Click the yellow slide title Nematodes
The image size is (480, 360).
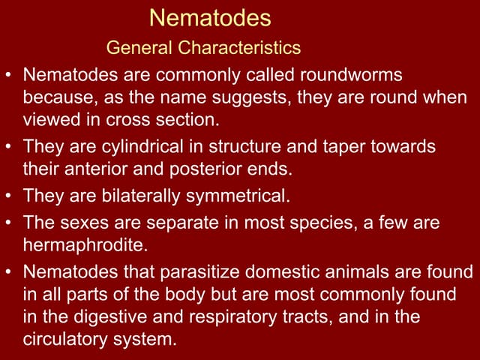(x=210, y=16)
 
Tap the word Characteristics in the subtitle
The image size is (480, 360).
(x=239, y=49)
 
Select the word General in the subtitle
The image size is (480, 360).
(x=139, y=49)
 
